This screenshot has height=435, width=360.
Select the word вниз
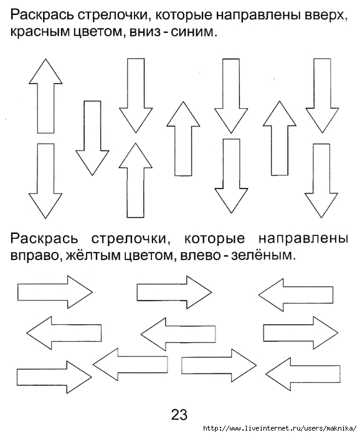[145, 32]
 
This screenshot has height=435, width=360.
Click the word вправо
[36, 256]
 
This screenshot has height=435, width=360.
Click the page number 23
[179, 414]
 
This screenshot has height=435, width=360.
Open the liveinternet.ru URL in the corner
[280, 428]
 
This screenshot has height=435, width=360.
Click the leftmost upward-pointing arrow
[46, 96]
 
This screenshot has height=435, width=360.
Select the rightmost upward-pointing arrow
[280, 138]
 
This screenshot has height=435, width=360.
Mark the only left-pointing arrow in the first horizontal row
[296, 294]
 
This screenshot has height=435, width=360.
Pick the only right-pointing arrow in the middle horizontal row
[301, 333]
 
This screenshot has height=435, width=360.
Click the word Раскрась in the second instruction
[44, 239]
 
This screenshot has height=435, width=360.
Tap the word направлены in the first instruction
[258, 16]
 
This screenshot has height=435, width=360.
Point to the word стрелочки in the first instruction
[114, 16]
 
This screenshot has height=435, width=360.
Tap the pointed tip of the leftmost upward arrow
[46, 59]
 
